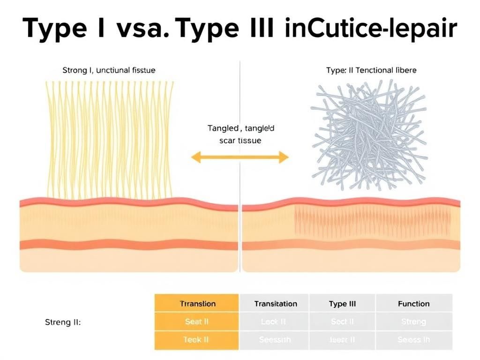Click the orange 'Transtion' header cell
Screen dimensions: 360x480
197,304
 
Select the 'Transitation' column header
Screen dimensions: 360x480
275,304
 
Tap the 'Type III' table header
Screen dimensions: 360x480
342,304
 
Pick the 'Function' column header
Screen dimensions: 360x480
413,304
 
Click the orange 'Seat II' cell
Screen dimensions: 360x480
197,322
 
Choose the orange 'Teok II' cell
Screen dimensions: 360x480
197,340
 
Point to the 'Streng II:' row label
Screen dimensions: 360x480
63,322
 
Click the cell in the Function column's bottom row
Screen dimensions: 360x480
413,340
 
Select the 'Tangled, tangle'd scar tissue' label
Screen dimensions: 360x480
240,134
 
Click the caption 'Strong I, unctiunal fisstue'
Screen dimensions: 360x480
109,70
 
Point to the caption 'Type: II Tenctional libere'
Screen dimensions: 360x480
371,70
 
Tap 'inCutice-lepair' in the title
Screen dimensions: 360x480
370,29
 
